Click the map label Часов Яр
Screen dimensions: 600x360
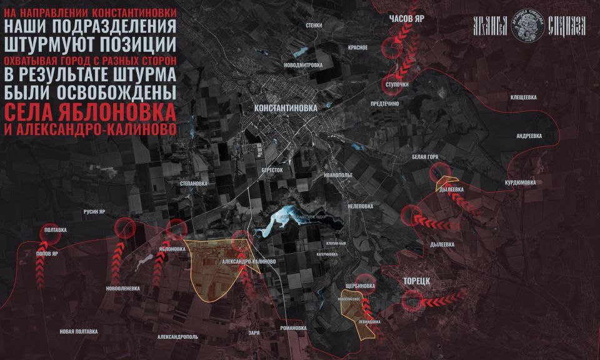coord(406,19)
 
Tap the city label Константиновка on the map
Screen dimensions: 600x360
coord(286,107)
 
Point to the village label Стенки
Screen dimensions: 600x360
coord(314,26)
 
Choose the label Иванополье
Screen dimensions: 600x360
coord(338,176)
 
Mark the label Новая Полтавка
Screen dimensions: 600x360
coord(79,331)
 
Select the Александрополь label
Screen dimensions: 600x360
coord(177,337)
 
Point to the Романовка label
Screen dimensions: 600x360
coord(293,328)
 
